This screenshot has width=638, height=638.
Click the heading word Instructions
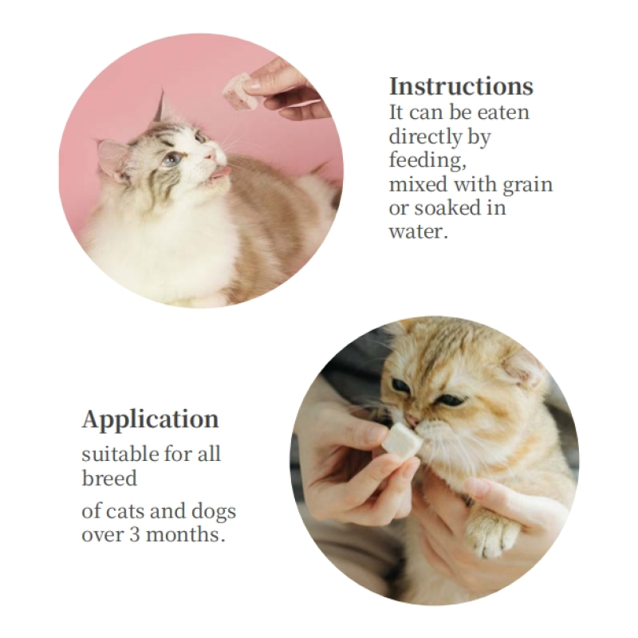[x=461, y=86]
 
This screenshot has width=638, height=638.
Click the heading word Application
[x=150, y=419]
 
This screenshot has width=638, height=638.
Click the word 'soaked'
[x=445, y=208]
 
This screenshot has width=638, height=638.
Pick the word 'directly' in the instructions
[x=422, y=136]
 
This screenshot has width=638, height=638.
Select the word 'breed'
[x=109, y=478]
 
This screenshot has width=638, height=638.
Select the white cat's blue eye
[x=171, y=159]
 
